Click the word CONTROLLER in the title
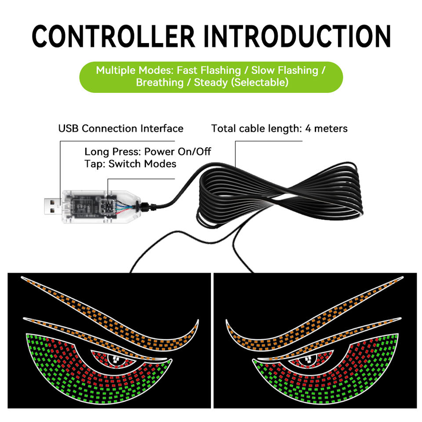click(113, 36)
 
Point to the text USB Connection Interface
click(120, 129)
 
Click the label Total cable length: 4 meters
click(279, 129)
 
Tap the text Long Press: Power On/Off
click(148, 152)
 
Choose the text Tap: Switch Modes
click(130, 164)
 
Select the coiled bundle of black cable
click(281, 193)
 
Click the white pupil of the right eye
click(307, 359)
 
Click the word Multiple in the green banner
click(115, 70)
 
